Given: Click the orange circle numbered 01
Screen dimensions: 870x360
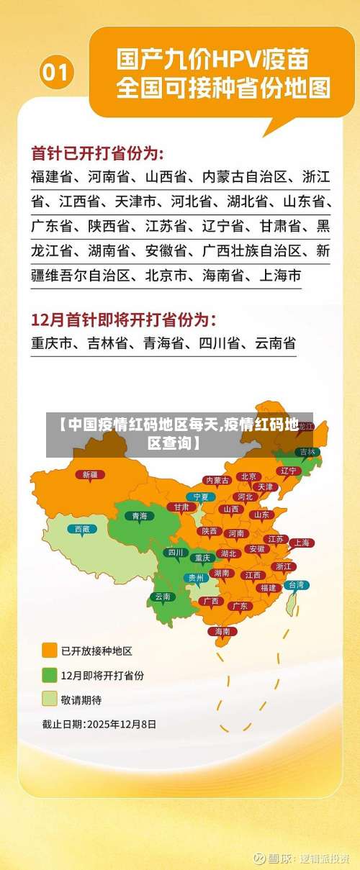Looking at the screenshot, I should (57, 73).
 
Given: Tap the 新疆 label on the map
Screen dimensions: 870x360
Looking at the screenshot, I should (90, 474).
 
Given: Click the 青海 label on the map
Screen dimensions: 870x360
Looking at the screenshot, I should (140, 515).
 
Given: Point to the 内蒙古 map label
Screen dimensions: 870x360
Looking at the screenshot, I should (217, 480).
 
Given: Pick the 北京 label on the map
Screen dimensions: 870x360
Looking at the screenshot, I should (249, 476).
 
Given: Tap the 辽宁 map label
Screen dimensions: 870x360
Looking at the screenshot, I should (289, 471).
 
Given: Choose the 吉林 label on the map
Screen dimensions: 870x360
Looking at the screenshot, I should (307, 452).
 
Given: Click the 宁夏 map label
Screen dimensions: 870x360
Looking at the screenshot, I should (201, 497).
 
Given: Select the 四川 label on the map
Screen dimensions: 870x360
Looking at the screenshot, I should (175, 553).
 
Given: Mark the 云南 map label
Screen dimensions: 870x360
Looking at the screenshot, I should (163, 597).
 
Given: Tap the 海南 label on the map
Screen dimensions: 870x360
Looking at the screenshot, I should (222, 631).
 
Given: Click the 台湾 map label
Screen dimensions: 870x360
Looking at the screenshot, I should (296, 585).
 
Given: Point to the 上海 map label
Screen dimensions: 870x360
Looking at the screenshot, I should (302, 543).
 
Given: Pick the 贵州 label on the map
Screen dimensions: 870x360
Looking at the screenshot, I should (196, 577).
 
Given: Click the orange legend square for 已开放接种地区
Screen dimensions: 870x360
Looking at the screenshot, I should (49, 651).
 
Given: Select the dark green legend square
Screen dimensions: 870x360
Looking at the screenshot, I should (49, 675).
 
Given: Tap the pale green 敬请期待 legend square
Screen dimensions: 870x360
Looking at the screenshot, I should (49, 699).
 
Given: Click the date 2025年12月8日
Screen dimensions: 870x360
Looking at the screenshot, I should (122, 724).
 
